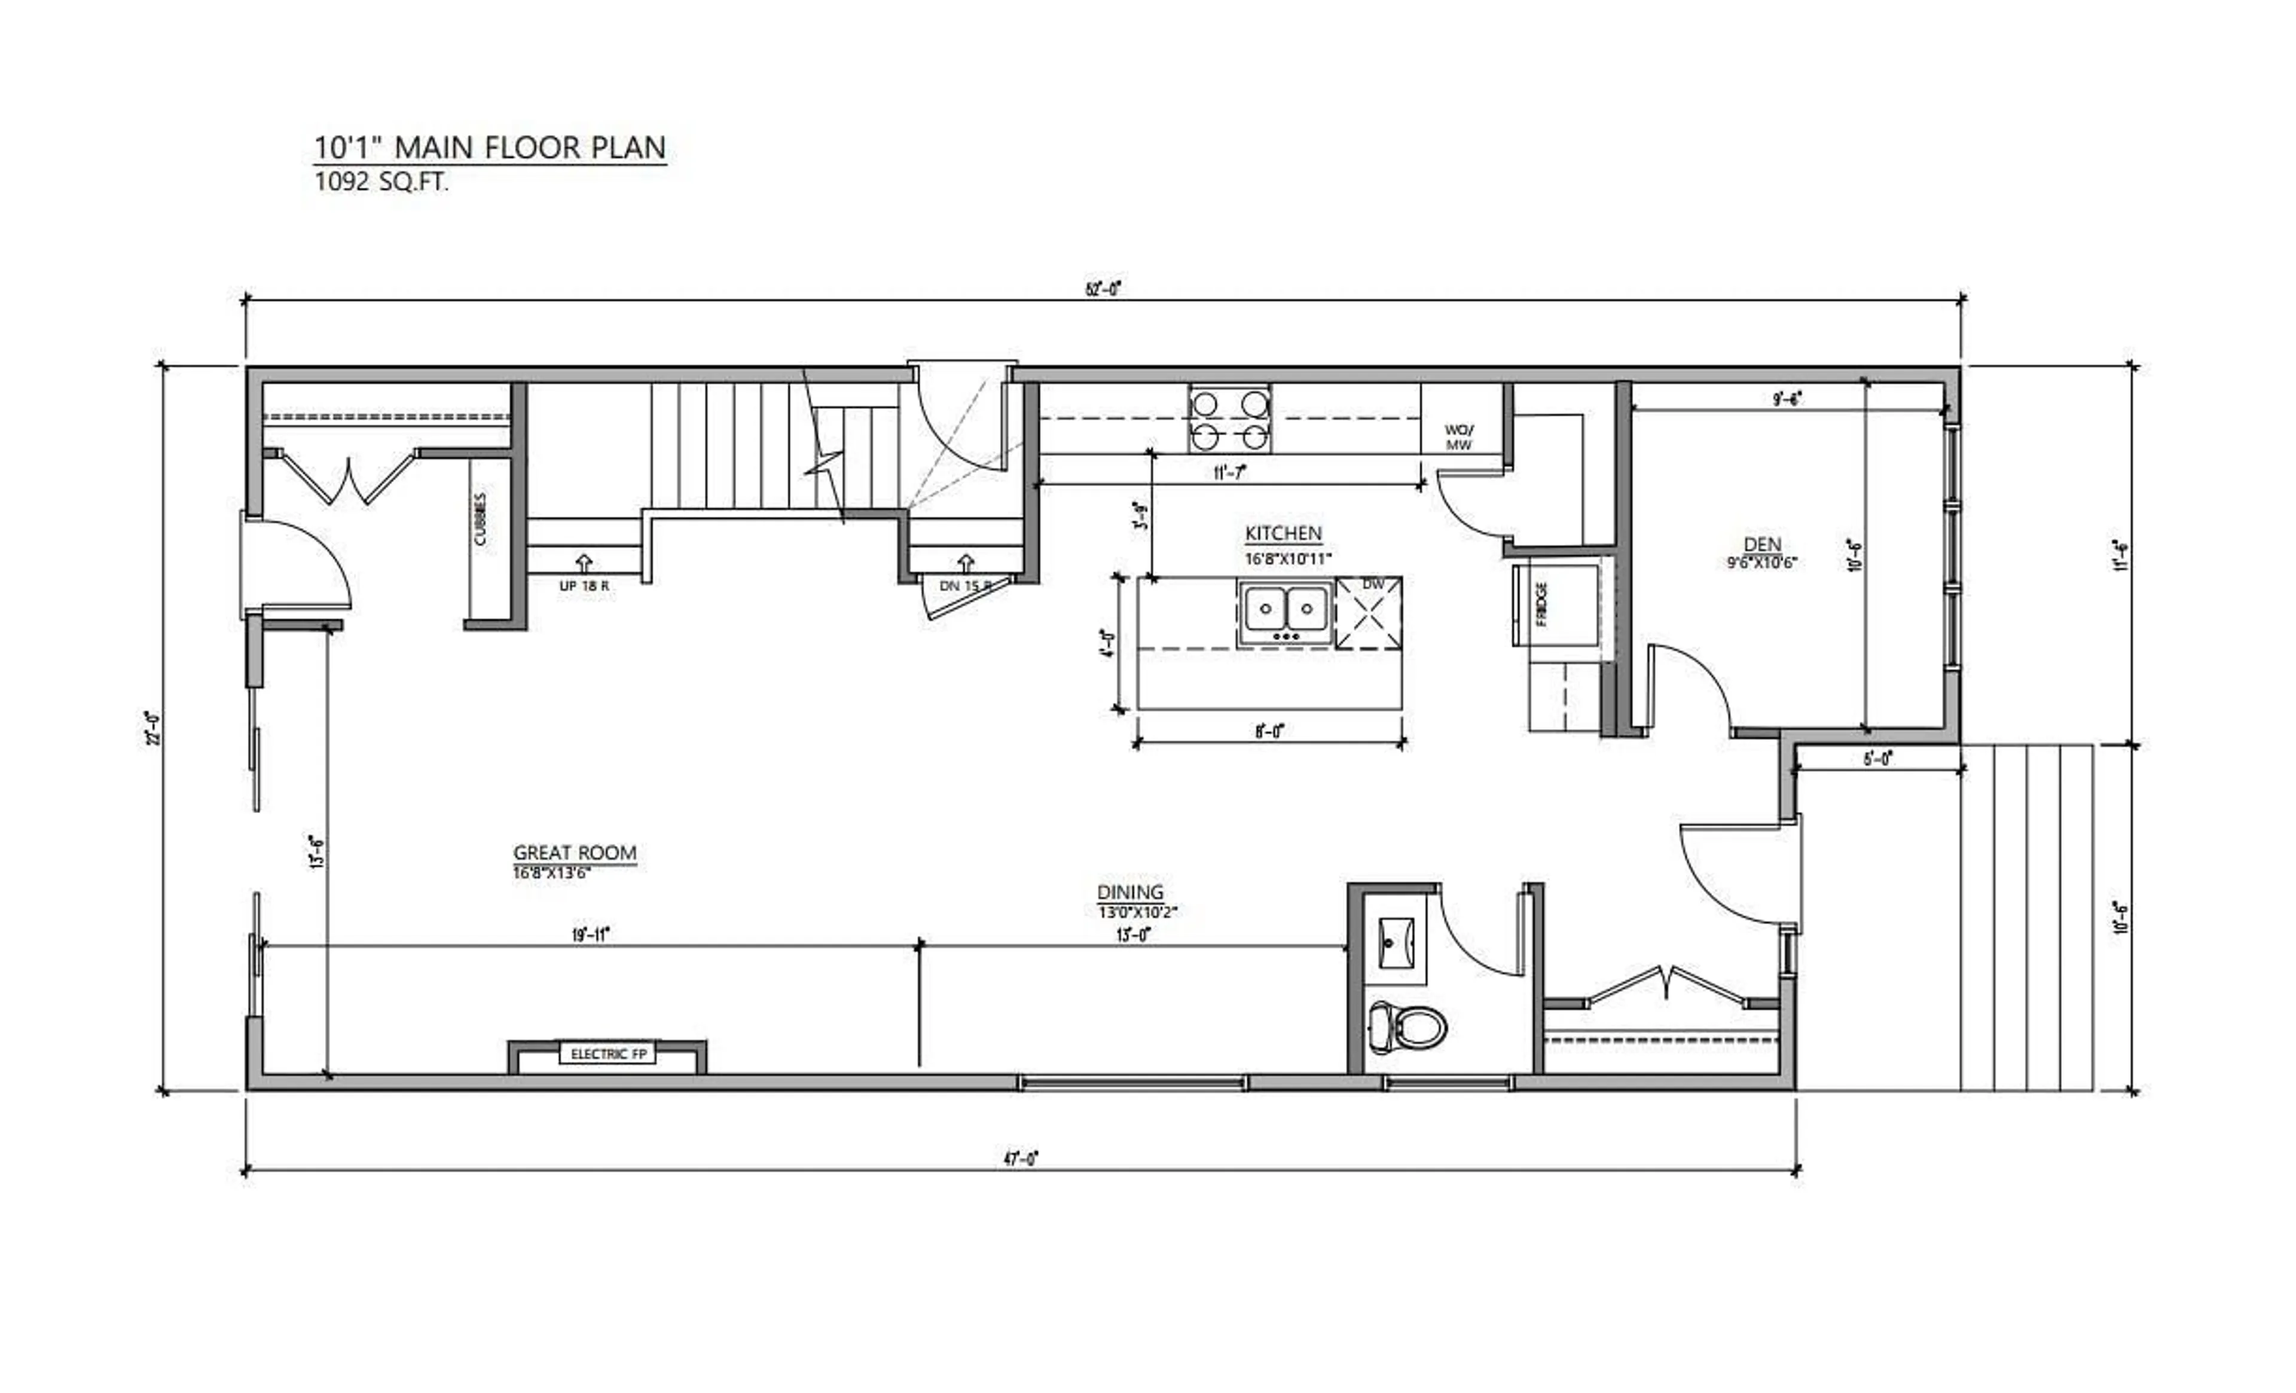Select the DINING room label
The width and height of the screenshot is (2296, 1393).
[1129, 892]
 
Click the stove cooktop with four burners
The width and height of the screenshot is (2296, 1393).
[1229, 418]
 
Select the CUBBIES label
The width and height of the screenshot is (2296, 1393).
[481, 519]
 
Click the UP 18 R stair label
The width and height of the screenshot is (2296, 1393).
[584, 586]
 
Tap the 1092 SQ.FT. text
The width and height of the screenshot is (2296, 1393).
[381, 182]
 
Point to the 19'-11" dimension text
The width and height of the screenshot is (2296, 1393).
[591, 934]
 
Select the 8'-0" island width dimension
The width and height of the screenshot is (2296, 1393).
[1269, 731]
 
